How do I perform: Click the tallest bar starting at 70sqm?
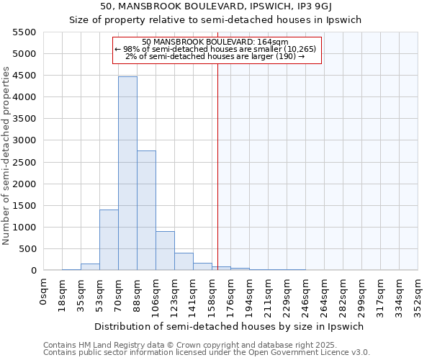[x=127, y=173]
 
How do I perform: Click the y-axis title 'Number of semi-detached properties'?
[x=6, y=156]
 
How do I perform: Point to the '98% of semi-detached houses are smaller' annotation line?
[x=217, y=48]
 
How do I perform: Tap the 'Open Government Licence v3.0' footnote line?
[x=207, y=353]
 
